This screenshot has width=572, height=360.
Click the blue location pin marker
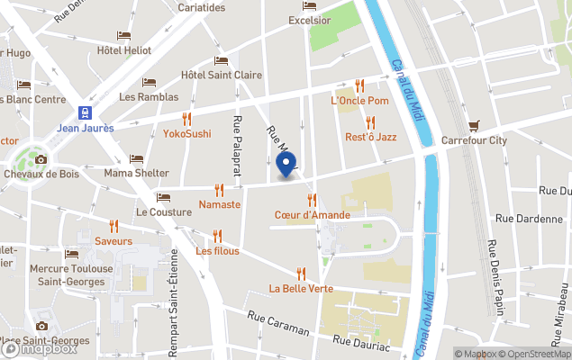click(x=286, y=165)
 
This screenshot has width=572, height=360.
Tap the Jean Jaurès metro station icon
click(x=85, y=112)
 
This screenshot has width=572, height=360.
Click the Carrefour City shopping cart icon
click(x=474, y=125)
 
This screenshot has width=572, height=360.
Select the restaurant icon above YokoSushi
click(x=186, y=119)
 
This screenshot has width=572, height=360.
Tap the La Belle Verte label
click(x=301, y=288)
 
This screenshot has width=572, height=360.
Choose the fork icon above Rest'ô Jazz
click(x=370, y=121)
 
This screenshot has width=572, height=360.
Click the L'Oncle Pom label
click(x=359, y=100)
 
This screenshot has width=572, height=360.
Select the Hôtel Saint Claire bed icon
click(x=221, y=60)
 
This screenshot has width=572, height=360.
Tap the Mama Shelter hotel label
click(x=136, y=173)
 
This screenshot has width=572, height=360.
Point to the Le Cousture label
click(x=163, y=211)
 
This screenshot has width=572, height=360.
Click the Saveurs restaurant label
click(x=113, y=240)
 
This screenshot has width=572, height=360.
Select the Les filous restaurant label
click(x=218, y=250)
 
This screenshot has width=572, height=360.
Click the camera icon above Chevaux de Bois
click(x=41, y=159)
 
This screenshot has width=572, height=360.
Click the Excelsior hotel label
click(x=309, y=20)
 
